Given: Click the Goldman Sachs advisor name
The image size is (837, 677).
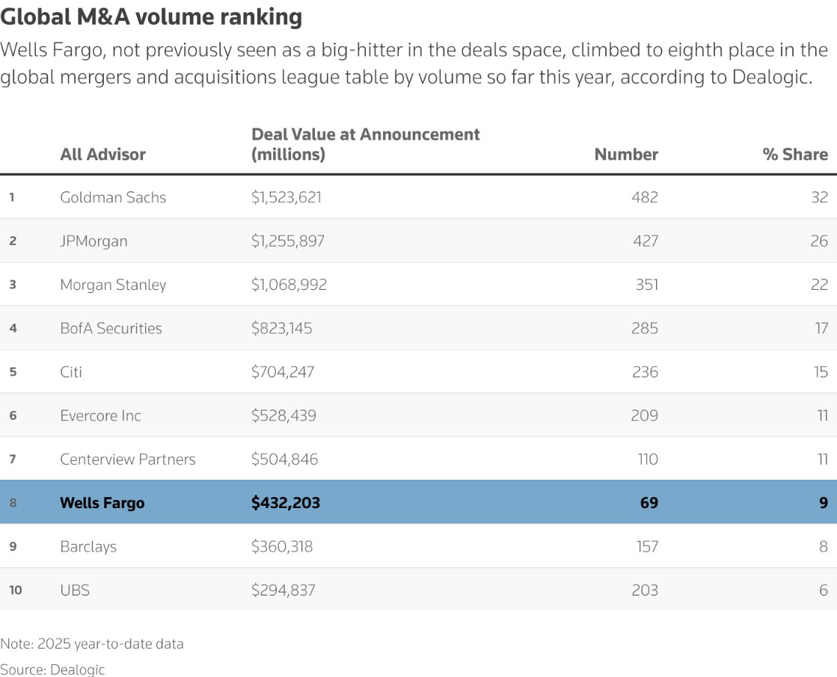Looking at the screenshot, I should coord(113,197).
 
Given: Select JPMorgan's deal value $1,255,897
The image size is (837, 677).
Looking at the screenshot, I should coord(287,241).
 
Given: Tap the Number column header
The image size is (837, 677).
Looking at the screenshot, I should coord(626,155).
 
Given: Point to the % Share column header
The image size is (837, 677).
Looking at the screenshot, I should coord(794,155).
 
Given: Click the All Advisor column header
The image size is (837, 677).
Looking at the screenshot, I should coord(102,155).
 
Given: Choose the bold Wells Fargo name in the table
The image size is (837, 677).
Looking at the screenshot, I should coord(102,503).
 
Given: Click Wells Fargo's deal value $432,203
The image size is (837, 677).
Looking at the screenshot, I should coord(285,503).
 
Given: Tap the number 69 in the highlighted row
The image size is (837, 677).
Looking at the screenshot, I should coord(649,503).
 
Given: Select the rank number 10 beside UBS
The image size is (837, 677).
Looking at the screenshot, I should coord(16,590).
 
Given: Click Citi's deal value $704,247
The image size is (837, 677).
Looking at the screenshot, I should coord(283,372).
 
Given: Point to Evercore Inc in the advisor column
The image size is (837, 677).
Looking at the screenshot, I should coord(100,415).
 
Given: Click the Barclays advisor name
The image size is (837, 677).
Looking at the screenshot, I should coord(88,546).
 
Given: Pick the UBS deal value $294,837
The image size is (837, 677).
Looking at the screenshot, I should coord(283,590).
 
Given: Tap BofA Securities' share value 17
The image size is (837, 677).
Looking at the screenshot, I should coord(821,328).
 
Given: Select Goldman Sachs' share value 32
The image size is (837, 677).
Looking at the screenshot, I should coord(819,197).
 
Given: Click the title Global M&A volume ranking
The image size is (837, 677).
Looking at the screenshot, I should coord(151,17).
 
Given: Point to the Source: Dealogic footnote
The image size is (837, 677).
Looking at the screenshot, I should coord(52,670).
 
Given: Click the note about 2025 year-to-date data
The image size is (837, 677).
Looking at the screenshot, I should coord(91,643).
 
